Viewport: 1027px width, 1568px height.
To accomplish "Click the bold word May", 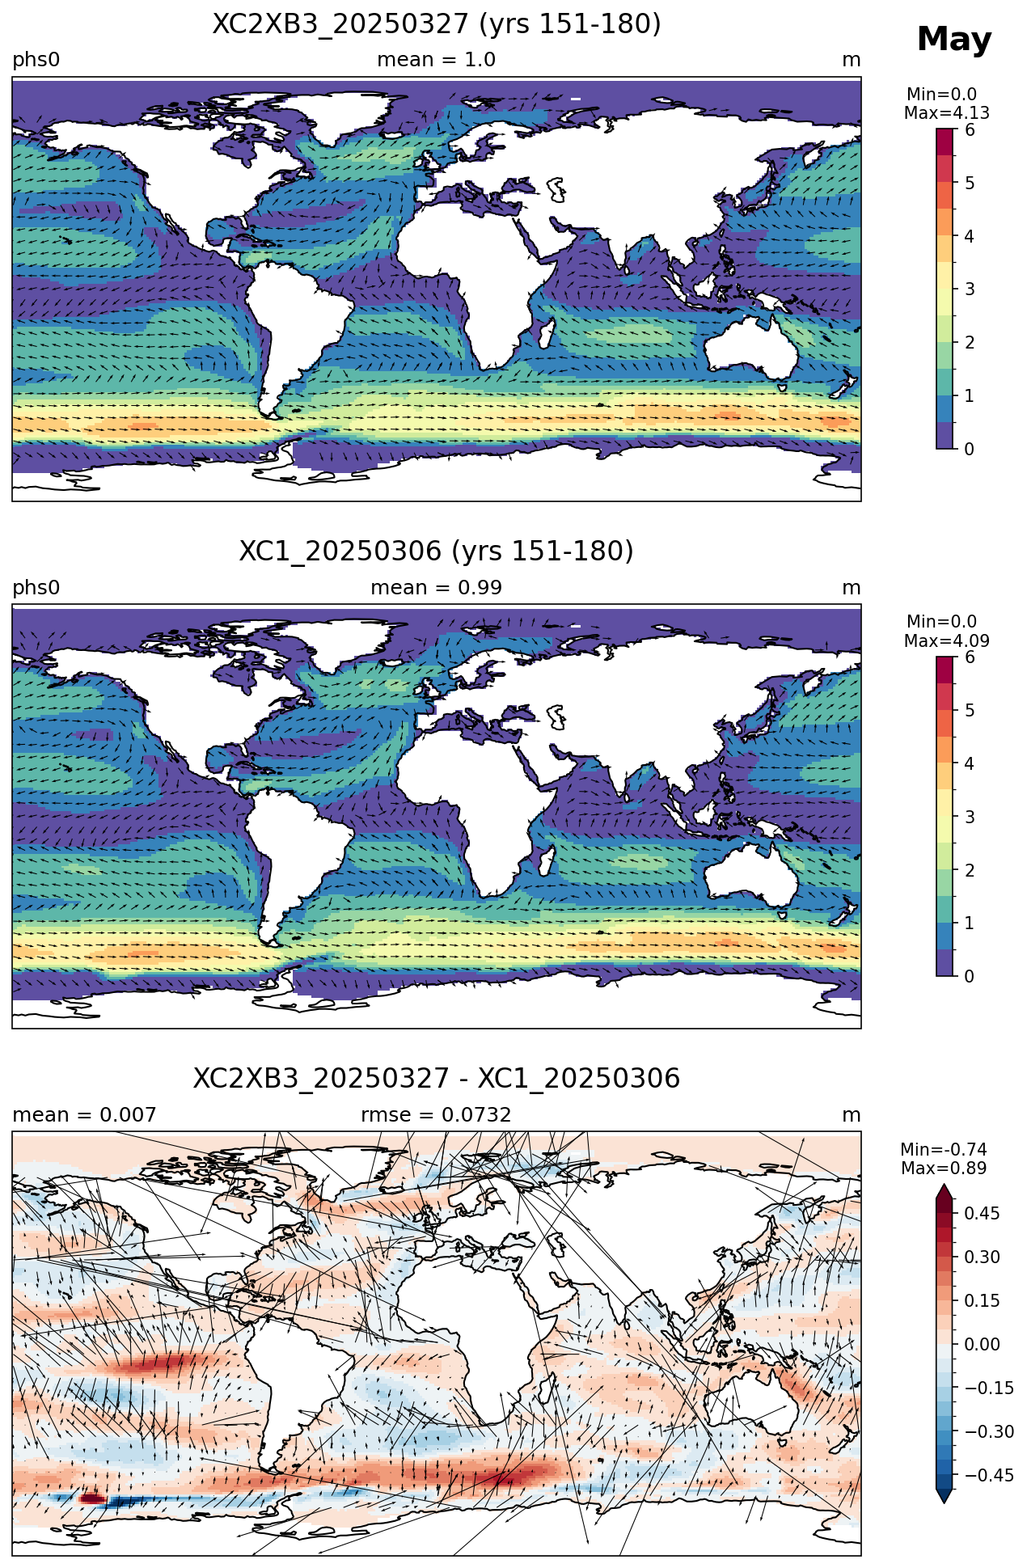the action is (x=954, y=40).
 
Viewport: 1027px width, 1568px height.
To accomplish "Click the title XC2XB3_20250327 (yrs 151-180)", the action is (x=437, y=24).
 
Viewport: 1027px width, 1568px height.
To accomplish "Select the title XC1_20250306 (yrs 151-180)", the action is (x=437, y=552).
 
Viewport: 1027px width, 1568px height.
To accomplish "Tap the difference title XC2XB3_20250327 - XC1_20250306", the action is (x=437, y=1079).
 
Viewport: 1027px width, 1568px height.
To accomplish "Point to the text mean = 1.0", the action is (x=437, y=60).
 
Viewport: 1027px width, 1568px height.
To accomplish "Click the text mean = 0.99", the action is (x=437, y=588).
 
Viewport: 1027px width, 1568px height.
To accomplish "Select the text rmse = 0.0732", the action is (x=437, y=1115).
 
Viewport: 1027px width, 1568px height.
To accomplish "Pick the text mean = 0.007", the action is (x=84, y=1115).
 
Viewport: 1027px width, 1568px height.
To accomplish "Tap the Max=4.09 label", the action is (x=947, y=641).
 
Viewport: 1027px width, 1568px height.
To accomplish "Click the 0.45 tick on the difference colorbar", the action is (x=982, y=1213).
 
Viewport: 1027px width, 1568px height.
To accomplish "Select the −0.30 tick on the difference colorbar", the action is (x=989, y=1431).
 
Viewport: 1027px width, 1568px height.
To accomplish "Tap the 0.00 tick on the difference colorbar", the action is (x=982, y=1344).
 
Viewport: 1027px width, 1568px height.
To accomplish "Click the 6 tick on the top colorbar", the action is (x=970, y=130).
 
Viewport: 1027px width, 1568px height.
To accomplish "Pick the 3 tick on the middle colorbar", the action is (x=970, y=817).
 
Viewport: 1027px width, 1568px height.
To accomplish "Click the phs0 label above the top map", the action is (x=36, y=61).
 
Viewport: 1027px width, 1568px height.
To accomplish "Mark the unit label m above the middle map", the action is (x=852, y=588).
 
